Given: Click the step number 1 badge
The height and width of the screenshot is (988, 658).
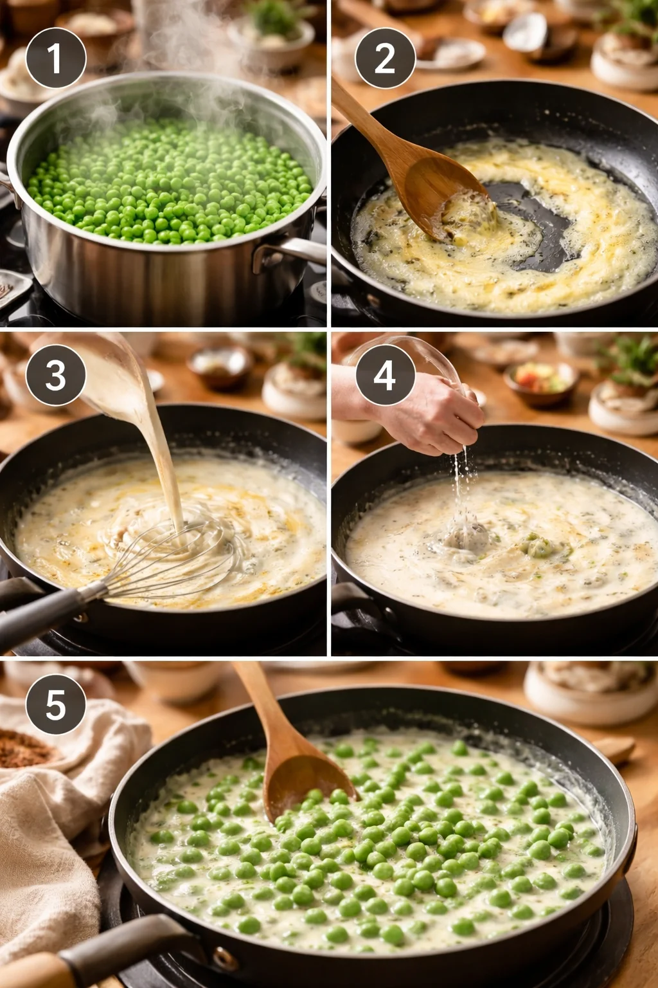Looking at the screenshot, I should [x=56, y=59].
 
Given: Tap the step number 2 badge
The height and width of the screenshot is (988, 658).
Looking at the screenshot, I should [x=385, y=59].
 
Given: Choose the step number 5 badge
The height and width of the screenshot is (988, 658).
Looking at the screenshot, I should [x=56, y=704].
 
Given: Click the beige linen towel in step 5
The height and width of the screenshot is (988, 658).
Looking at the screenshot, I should [x=51, y=836].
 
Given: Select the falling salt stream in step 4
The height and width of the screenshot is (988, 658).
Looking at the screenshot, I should [x=458, y=489].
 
